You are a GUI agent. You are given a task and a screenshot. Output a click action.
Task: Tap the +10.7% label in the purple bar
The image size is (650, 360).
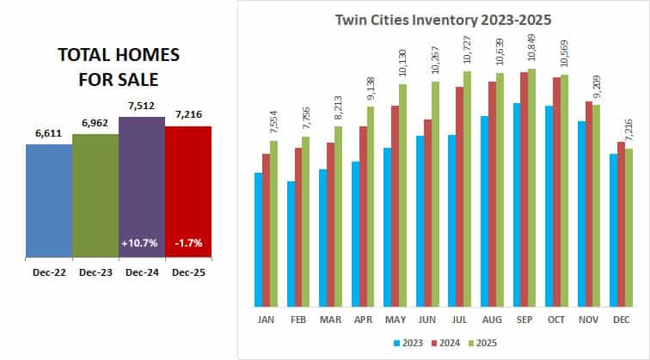[141, 243]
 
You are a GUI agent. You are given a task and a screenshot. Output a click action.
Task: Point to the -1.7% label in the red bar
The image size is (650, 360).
[187, 243]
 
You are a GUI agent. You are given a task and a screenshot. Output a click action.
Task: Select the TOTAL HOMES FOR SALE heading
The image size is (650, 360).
[118, 66]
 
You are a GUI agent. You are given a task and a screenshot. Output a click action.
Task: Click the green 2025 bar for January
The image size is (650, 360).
[273, 223]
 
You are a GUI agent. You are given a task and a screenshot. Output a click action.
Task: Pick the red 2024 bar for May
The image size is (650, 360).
[395, 206]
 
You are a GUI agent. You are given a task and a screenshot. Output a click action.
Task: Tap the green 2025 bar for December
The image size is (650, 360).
[629, 227]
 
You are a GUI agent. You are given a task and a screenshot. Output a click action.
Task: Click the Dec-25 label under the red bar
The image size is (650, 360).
[187, 272]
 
